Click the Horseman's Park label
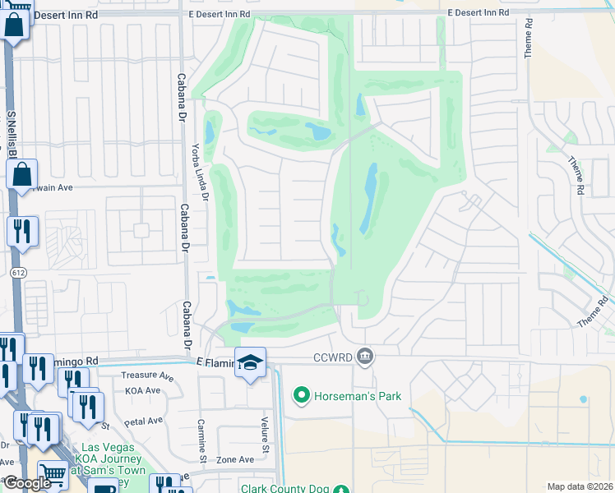click(x=358, y=397)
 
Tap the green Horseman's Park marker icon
click(x=301, y=397)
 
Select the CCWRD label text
click(x=334, y=357)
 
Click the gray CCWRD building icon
click(x=367, y=357)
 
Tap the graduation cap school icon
click(x=250, y=361)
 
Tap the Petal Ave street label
click(x=144, y=421)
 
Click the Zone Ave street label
click(x=235, y=459)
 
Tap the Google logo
click(x=26, y=483)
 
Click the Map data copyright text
click(x=580, y=486)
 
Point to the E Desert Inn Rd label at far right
click(x=479, y=13)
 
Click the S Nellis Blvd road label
click(x=12, y=140)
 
